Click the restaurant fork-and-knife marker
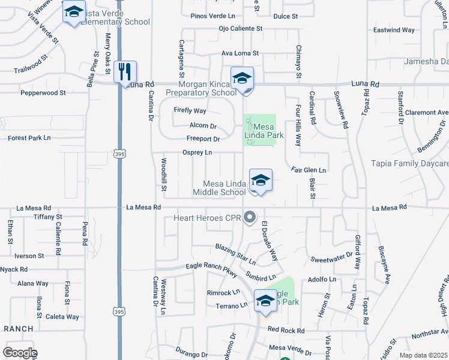[125, 72]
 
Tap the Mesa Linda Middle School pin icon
[261, 180]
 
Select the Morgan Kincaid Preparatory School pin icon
[243, 78]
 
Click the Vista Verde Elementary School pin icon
[74, 12]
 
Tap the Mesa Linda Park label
[264, 131]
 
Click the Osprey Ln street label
[197, 153]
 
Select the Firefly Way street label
[190, 111]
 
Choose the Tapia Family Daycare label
[410, 163]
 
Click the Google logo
[20, 352]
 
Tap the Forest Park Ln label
[34, 138]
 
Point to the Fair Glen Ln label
[309, 170]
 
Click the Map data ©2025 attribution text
[423, 355]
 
